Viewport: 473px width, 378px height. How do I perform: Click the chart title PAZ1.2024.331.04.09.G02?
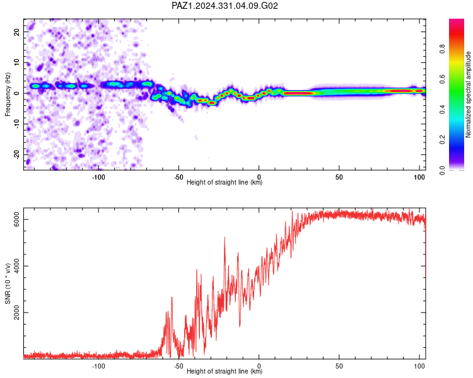click(225, 6)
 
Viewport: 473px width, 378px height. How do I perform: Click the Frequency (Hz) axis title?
click(8, 94)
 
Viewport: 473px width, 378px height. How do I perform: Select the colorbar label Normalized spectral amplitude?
click(468, 94)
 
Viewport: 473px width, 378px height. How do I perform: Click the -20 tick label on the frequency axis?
click(17, 154)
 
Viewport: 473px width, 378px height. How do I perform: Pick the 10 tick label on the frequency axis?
click(17, 63)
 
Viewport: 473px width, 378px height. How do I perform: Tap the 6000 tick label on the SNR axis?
click(17, 219)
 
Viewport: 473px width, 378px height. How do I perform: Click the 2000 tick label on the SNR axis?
click(17, 312)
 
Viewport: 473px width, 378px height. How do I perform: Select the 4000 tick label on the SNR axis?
click(17, 266)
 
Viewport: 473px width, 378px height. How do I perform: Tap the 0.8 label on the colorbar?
click(442, 49)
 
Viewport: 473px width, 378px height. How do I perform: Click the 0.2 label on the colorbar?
click(442, 140)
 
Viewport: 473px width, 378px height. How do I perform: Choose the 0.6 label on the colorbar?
click(442, 79)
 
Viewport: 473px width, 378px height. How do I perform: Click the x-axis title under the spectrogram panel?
click(225, 182)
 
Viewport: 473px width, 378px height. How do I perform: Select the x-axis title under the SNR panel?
click(225, 371)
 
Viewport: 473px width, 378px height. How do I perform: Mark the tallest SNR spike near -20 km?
click(225, 238)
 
